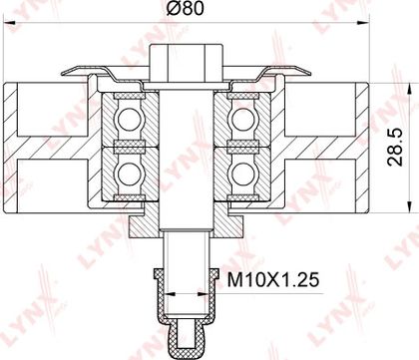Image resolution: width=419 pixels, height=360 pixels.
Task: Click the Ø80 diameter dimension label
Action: pyautogui.click(x=185, y=9)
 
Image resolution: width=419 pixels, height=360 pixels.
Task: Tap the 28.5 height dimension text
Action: pyautogui.click(x=395, y=148)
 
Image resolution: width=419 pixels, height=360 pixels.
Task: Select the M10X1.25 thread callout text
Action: pyautogui.click(x=273, y=280)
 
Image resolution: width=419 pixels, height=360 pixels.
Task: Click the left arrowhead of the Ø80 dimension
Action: pyautogui.click(x=10, y=23)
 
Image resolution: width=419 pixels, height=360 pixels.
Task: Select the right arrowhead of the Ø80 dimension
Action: pyautogui.click(x=363, y=23)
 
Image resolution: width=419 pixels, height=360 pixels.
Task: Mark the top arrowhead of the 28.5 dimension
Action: pyautogui.click(x=408, y=89)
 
